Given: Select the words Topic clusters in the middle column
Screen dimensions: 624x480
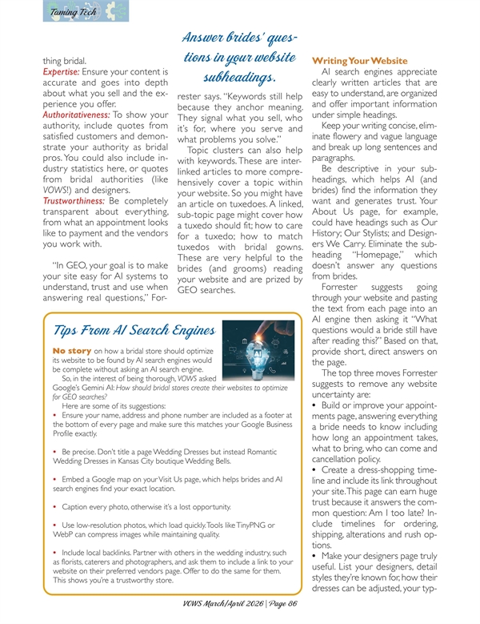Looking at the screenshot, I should tap(218, 150).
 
